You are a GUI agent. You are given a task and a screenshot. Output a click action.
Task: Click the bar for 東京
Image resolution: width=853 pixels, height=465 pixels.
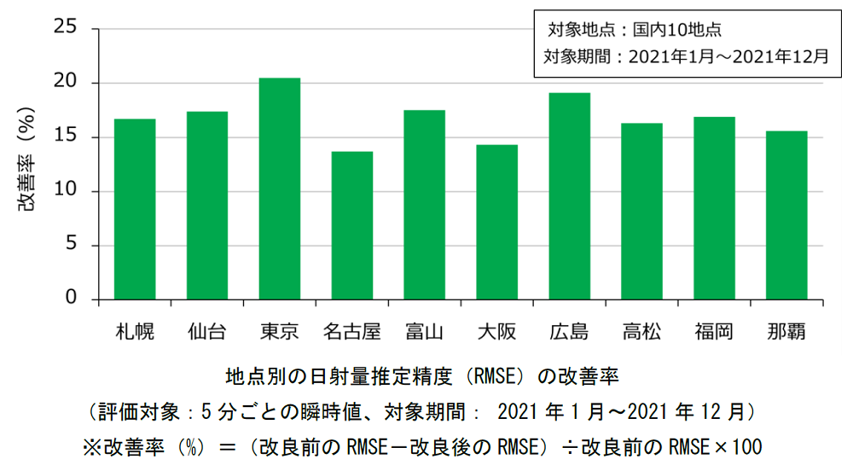(280, 189)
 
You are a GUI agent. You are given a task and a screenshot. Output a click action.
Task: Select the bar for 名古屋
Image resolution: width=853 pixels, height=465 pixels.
(352, 225)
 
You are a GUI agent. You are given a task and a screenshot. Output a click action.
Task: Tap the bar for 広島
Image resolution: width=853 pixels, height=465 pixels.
(569, 196)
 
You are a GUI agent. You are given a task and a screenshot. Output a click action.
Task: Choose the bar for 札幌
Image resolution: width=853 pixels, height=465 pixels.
(135, 209)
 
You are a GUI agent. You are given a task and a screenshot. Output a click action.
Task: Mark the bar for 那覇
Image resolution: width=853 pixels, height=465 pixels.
(786, 215)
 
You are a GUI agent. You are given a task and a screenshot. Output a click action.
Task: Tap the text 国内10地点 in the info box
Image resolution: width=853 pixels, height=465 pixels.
(677, 30)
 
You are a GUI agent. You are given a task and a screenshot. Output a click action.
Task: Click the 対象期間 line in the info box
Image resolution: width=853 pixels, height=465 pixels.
(686, 57)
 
